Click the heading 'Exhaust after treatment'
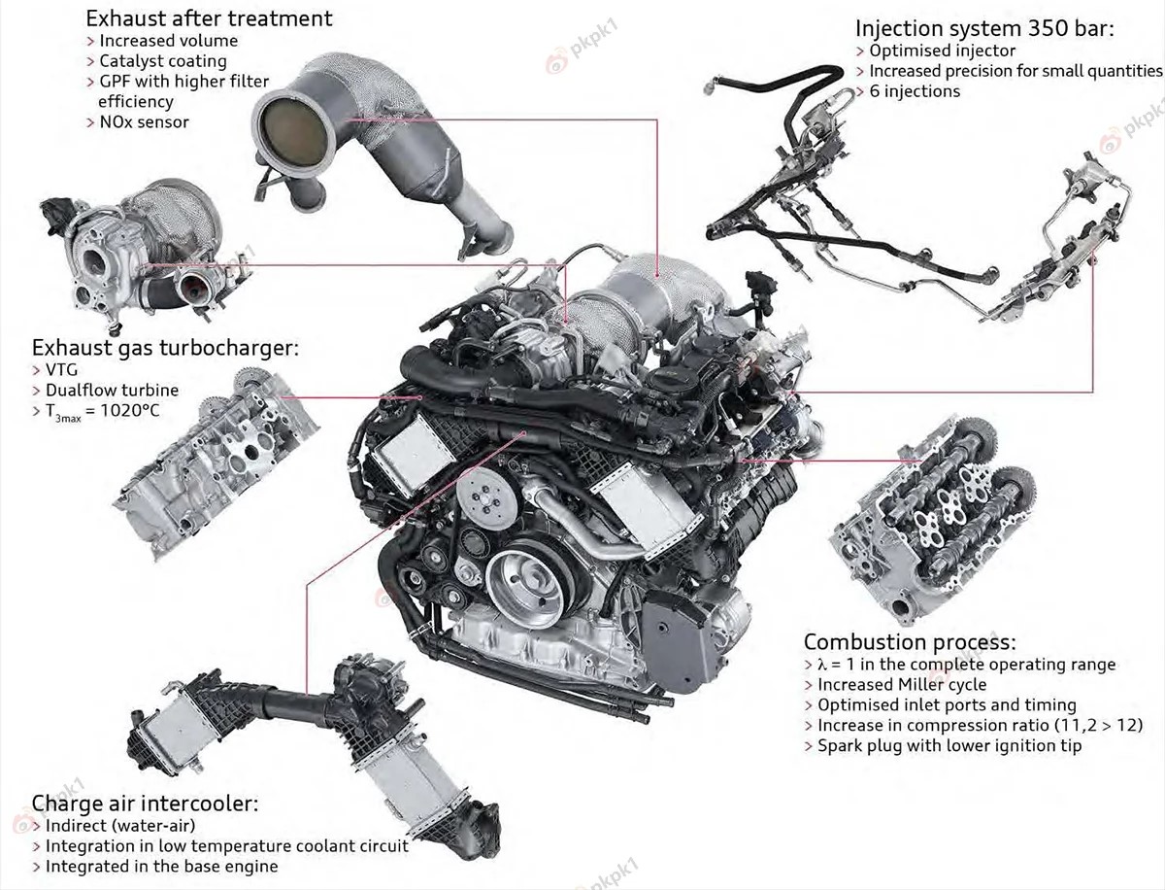click(209, 18)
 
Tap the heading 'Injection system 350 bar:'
click(984, 29)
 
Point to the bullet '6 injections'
click(915, 91)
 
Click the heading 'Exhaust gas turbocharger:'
click(165, 348)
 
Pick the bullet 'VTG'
click(64, 370)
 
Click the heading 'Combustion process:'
click(910, 642)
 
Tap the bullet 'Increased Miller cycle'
click(902, 685)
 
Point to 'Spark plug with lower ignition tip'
click(949, 746)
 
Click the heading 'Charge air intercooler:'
click(146, 804)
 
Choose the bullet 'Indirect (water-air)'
click(120, 826)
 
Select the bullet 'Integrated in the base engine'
click(161, 867)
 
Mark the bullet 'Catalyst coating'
click(162, 61)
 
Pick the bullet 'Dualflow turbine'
click(112, 391)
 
